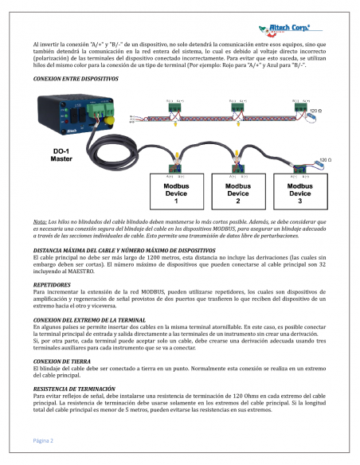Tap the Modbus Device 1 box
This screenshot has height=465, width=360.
point(177,193)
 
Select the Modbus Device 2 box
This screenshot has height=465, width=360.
point(238,193)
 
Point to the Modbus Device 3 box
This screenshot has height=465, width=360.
point(299,193)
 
